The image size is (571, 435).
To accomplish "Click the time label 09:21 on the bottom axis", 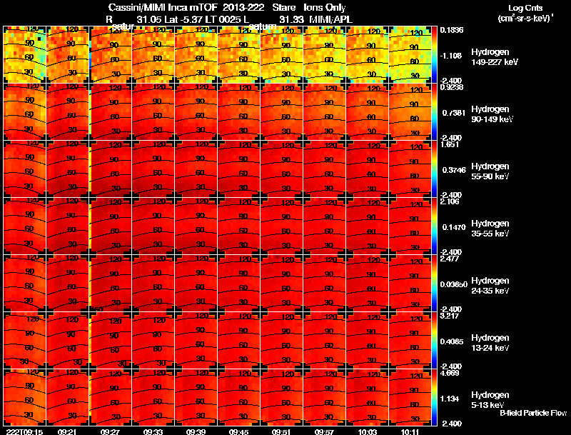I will [68, 431].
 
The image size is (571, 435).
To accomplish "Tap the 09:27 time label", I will [111, 431].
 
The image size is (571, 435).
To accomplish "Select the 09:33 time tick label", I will [153, 431].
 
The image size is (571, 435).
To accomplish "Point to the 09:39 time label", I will [196, 431].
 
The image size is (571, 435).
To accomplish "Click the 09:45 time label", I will [239, 431].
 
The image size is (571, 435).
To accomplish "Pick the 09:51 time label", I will [282, 431].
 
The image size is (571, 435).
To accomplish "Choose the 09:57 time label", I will [325, 431].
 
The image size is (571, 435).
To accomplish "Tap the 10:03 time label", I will [368, 431].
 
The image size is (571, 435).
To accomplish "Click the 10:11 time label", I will [411, 431].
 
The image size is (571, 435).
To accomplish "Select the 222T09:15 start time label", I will [24, 431].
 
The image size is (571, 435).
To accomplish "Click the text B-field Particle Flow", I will [532, 413].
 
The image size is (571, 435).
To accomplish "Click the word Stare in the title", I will [283, 8].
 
